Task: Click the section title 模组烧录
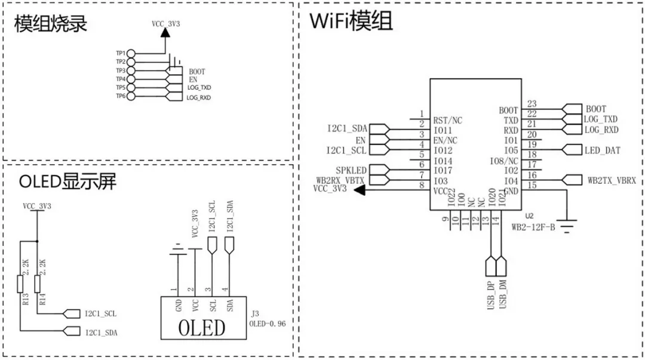point(51,24)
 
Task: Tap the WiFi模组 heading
point(351,21)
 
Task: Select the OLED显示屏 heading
point(67,181)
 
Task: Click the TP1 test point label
point(121,53)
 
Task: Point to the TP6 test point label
point(121,96)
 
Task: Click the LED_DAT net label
point(603,150)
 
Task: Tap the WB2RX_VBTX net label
point(340,180)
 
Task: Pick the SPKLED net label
point(351,170)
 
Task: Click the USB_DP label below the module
point(490,294)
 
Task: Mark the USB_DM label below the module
point(502,294)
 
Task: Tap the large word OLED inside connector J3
point(202,328)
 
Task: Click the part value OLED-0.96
point(268,324)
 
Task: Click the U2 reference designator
point(529,216)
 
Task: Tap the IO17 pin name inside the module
point(443,170)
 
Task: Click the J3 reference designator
point(255,313)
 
